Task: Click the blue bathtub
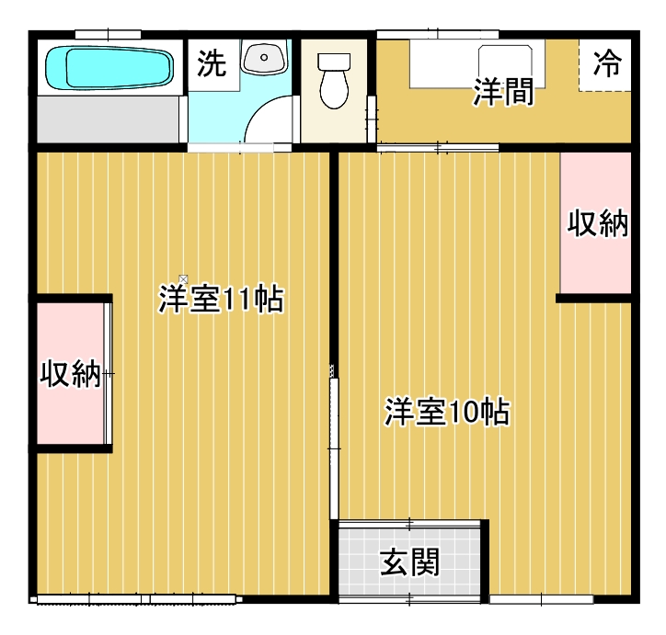109,67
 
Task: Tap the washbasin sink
266,59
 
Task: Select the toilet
333,85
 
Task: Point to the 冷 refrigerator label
606,63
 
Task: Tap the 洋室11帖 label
220,300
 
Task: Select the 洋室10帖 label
447,413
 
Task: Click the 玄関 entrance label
410,561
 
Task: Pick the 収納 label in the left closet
71,374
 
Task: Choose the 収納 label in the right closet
597,222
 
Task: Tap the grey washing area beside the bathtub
109,119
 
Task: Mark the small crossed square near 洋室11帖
184,278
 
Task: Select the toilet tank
333,62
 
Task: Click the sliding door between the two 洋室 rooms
333,441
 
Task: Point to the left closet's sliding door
109,374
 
